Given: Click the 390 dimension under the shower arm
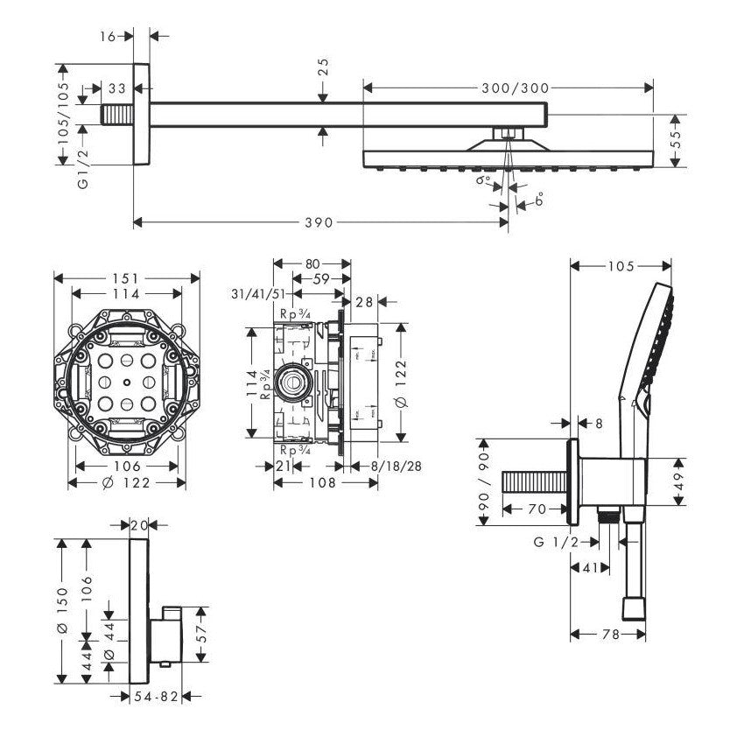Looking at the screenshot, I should [319, 222].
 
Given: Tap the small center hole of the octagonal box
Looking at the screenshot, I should [127, 383].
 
